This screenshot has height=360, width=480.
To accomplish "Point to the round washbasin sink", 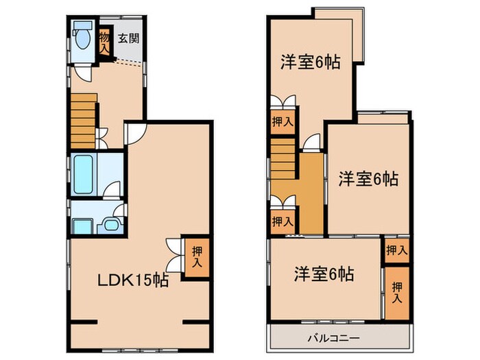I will (x=109, y=224).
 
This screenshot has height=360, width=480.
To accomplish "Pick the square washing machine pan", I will (x=82, y=225).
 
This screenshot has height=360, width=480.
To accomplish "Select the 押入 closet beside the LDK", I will (x=195, y=257).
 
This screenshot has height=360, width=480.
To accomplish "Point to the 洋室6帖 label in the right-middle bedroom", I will (x=368, y=180).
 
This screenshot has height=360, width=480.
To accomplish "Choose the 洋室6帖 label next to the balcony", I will (x=324, y=275).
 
